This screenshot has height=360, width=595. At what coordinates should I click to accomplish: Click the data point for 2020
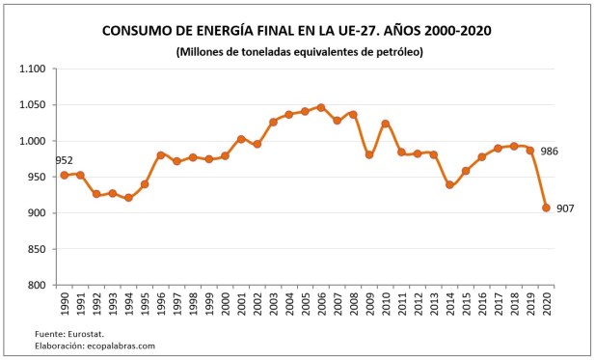point(546,208)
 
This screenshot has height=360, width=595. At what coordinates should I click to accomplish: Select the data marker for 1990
point(65,175)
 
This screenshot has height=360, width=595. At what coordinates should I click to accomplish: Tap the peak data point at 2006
point(321,107)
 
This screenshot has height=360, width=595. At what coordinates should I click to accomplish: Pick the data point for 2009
point(369,154)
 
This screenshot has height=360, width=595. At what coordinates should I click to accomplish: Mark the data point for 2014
point(449,184)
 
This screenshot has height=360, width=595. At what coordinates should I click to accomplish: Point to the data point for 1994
point(128,198)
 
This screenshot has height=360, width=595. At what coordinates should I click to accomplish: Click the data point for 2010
point(386,124)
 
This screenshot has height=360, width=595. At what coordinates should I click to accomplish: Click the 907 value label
point(566,208)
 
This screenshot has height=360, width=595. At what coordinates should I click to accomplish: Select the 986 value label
point(549,152)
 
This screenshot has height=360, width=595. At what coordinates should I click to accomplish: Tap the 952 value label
point(65,161)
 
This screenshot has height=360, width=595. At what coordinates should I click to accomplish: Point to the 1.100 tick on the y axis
point(34,69)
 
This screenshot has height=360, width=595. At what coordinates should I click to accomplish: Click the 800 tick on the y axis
point(40,285)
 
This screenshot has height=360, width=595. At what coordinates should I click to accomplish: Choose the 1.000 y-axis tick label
point(34,141)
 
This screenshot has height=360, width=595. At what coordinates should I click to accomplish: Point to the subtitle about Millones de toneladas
point(299,51)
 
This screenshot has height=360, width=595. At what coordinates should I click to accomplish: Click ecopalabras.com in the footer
point(121,345)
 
